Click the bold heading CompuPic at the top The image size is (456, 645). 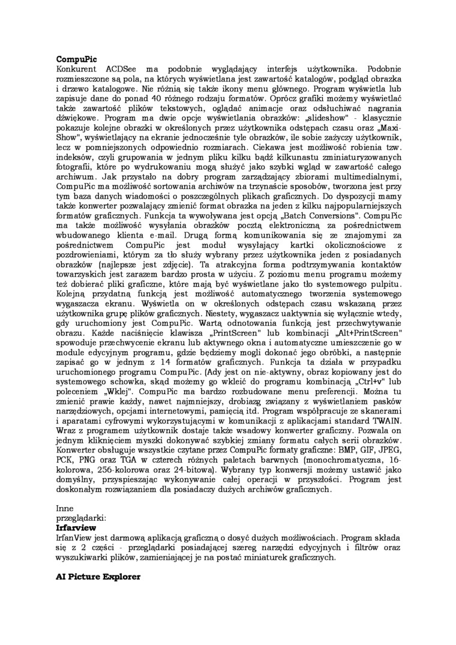coord(76,59)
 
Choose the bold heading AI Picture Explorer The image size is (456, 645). coord(98,577)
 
